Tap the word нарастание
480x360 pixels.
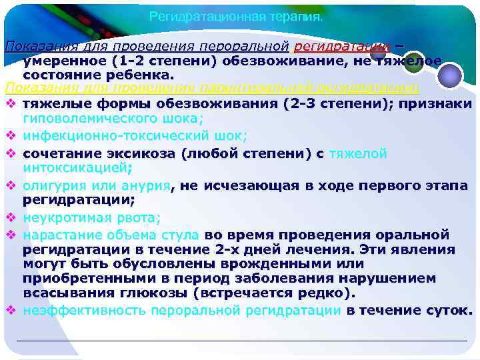tap(57, 235)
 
